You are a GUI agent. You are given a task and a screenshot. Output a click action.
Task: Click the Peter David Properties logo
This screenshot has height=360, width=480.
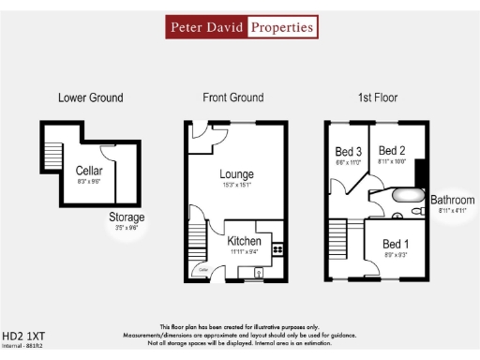click(240, 28)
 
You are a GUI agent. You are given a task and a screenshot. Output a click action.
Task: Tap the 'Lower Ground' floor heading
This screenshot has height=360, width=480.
click(90, 97)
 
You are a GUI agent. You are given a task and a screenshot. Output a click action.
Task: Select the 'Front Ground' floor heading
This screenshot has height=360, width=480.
click(232, 97)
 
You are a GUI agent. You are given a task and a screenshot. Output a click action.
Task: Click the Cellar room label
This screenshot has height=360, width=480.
click(89, 171)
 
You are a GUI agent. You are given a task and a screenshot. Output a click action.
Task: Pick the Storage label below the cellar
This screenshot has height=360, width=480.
click(127, 217)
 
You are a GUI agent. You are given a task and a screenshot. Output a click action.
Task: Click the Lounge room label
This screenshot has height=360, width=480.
click(237, 174)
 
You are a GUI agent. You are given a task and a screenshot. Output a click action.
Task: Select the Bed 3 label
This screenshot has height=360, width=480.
click(348, 152)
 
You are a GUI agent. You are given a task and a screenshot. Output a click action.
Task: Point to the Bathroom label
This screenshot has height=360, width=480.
click(452, 200)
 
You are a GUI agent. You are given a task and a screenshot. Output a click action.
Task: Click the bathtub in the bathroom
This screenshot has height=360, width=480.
click(409, 197)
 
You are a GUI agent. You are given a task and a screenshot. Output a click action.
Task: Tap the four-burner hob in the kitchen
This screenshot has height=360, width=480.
click(277, 249)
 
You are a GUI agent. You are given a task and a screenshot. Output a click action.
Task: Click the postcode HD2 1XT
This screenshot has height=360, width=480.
click(23, 334)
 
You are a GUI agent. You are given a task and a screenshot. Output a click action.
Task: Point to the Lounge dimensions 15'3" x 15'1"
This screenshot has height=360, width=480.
click(237, 185)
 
